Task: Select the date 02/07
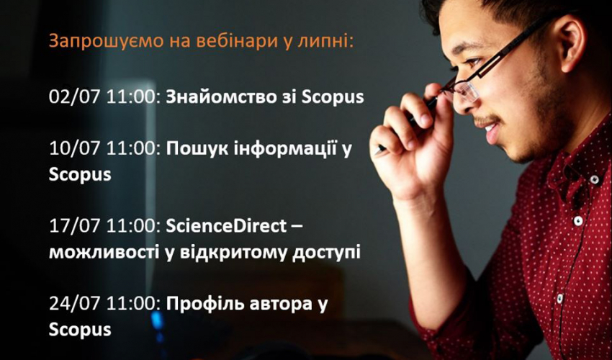click(75, 96)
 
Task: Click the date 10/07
click(75, 148)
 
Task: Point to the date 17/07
click(75, 226)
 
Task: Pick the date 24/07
click(75, 304)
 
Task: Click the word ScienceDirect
click(226, 226)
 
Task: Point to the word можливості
click(104, 253)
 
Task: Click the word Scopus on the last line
click(80, 330)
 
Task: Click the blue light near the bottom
click(157, 320)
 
